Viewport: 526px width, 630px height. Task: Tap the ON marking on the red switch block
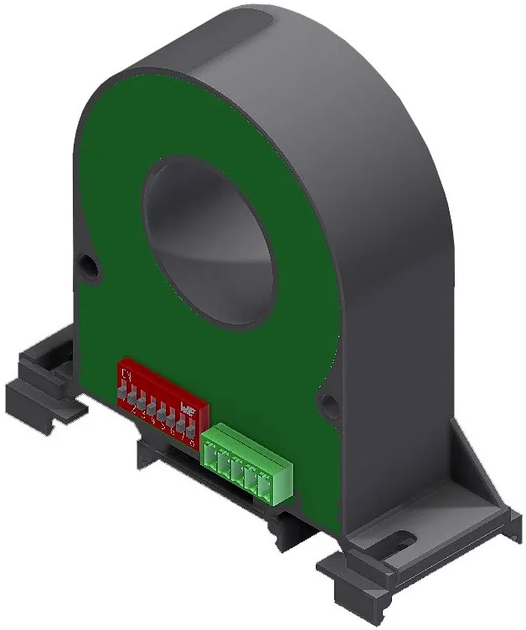tap(126, 372)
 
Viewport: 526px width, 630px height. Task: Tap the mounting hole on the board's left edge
tap(88, 267)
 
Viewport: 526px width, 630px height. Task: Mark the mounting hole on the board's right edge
tap(330, 407)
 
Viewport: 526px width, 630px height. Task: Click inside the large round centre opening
tap(209, 243)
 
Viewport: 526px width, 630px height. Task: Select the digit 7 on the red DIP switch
tap(183, 434)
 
